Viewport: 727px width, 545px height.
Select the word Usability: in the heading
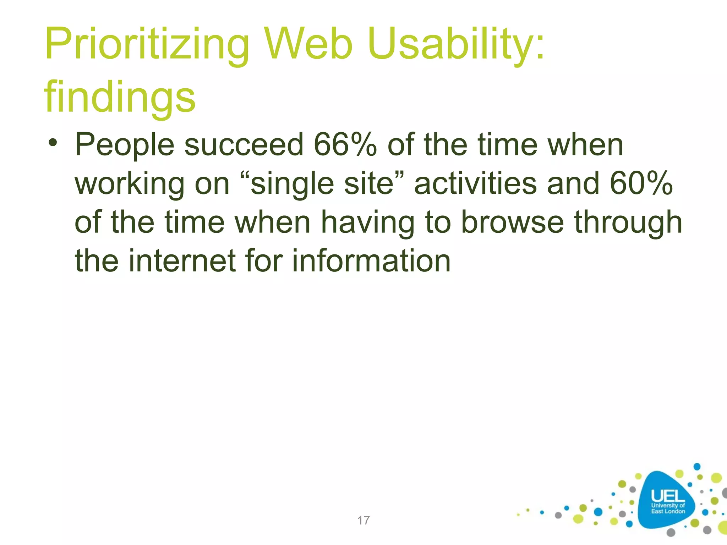[456, 44]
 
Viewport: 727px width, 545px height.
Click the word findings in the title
[120, 97]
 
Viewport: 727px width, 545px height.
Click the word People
[125, 145]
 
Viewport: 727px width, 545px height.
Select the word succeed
[244, 145]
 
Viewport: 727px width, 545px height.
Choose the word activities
[475, 183]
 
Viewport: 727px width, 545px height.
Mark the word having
[367, 223]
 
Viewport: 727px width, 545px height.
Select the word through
[628, 223]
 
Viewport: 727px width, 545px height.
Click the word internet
[182, 261]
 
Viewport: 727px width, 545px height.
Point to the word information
[371, 261]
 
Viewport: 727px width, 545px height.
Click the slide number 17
[363, 521]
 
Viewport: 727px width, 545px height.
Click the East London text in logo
[668, 511]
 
